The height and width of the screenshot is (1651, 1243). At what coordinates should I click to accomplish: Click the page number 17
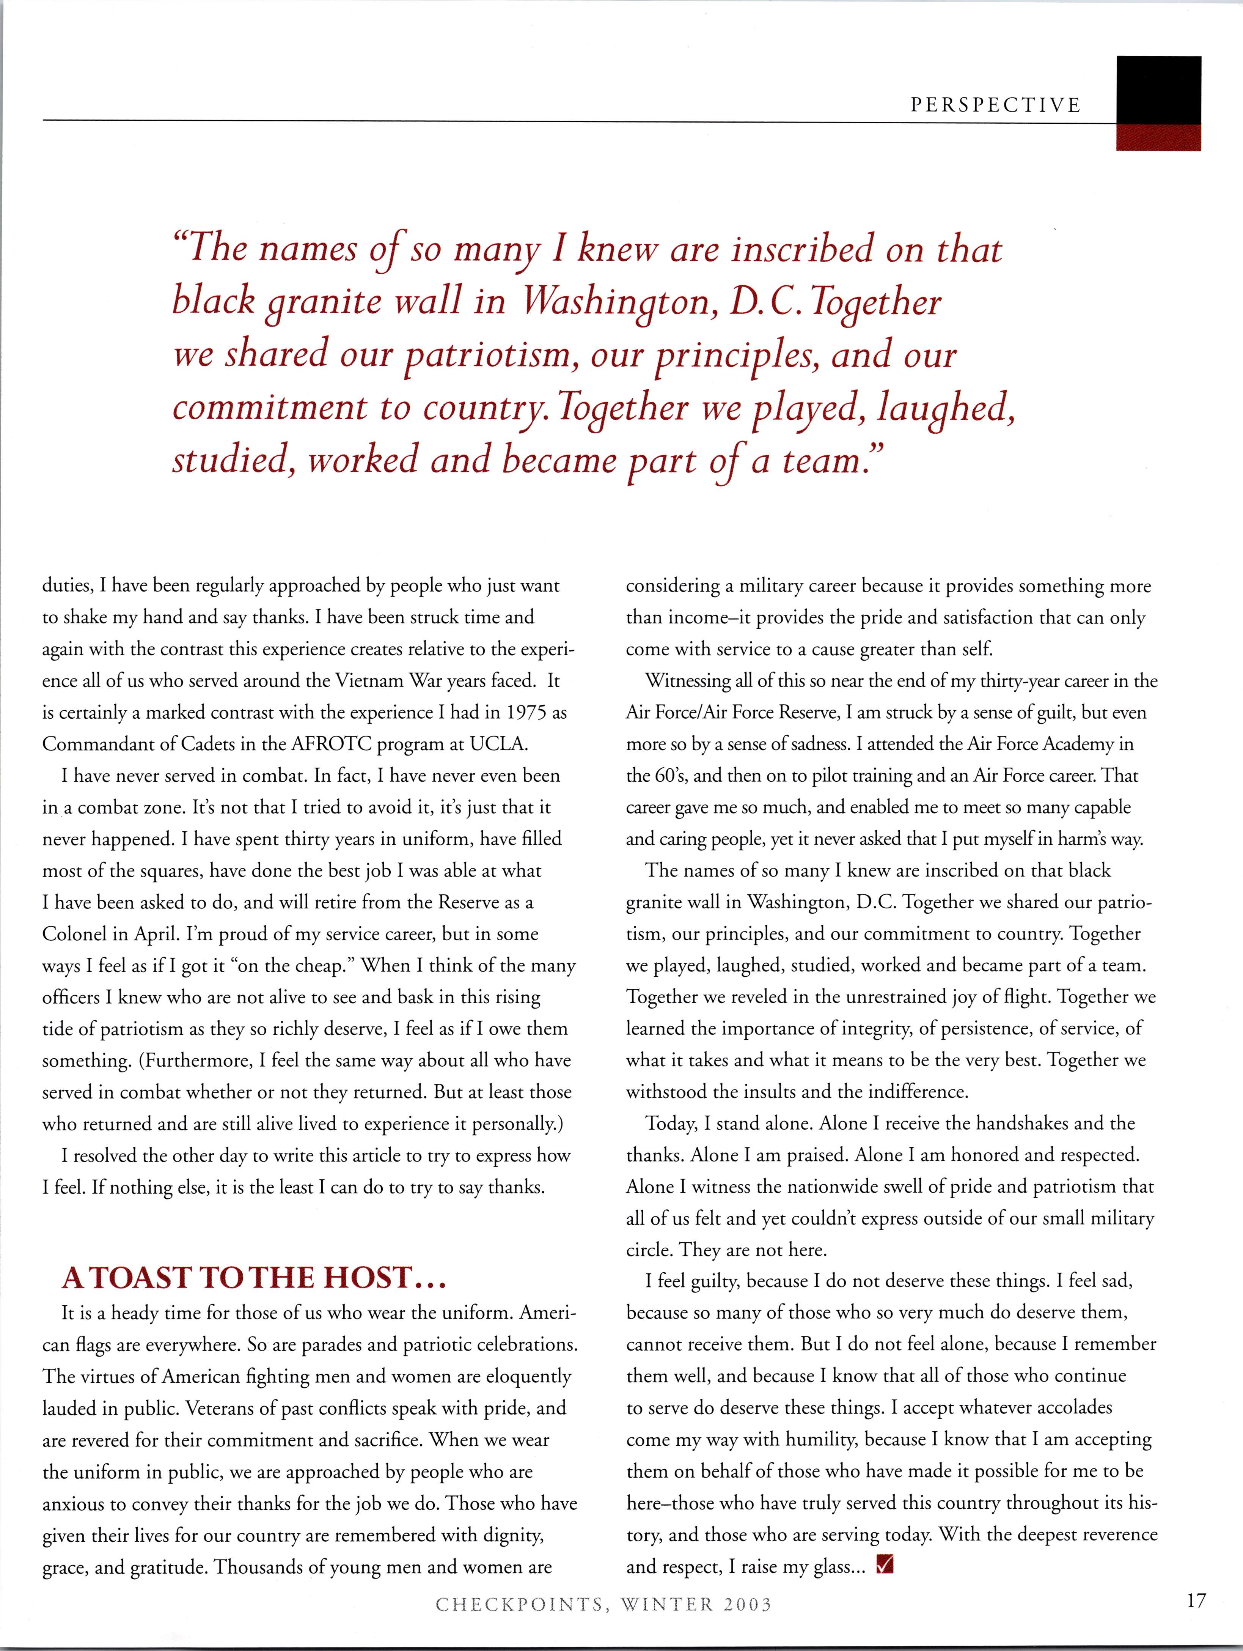point(1195,1600)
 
